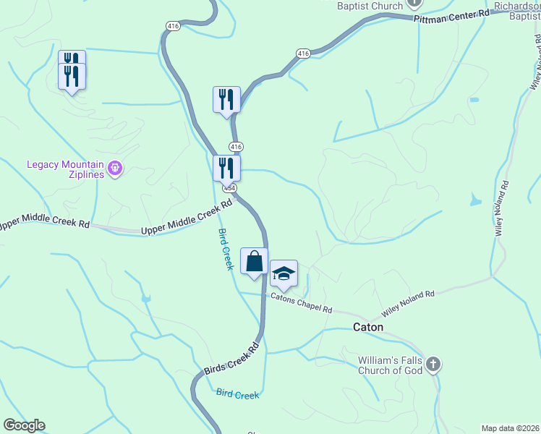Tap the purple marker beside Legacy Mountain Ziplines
tap(115, 170)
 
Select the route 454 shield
tap(229, 187)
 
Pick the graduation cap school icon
tap(284, 273)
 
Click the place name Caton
tap(368, 327)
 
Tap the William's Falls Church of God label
tap(391, 365)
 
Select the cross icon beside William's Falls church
tap(433, 364)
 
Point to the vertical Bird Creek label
tap(226, 250)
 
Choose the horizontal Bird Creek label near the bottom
tap(237, 394)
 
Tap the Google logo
tap(24, 425)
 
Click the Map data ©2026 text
tap(510, 428)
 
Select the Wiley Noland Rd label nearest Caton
tap(408, 304)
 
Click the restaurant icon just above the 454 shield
tap(227, 168)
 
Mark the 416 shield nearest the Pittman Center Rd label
tap(303, 53)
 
